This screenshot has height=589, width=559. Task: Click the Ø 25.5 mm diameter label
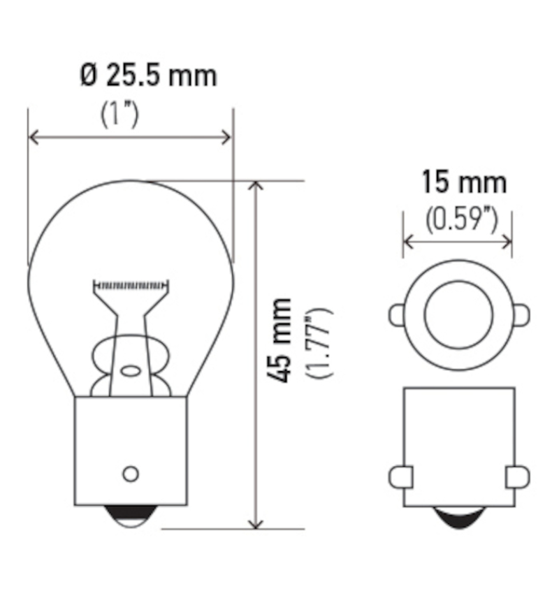click(x=147, y=75)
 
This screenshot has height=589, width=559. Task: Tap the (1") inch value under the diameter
click(x=119, y=115)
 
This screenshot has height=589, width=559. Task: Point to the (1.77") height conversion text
click(x=321, y=342)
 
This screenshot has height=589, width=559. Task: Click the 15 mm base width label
click(x=463, y=183)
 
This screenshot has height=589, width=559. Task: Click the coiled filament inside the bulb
click(x=131, y=285)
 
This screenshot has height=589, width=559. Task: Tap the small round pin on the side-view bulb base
click(x=130, y=473)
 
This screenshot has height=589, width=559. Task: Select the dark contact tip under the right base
click(x=458, y=517)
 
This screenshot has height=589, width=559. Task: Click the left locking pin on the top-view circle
click(x=396, y=315)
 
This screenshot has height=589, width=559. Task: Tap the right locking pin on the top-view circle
click(x=521, y=315)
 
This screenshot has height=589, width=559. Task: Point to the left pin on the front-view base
click(x=399, y=477)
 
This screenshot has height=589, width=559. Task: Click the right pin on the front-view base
click(x=518, y=477)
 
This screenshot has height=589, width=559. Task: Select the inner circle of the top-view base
click(x=458, y=316)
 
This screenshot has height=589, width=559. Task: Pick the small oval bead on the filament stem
click(x=131, y=369)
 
